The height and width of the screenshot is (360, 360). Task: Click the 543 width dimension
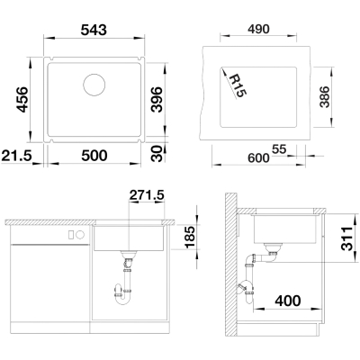click(94, 30)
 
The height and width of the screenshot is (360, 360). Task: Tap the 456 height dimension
click(22, 99)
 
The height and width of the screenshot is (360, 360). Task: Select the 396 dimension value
click(157, 99)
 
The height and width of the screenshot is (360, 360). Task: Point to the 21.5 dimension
click(16, 156)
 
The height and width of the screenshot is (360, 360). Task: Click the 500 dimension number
click(94, 156)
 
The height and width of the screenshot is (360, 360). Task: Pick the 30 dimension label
click(157, 154)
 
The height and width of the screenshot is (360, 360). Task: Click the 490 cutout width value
click(258, 29)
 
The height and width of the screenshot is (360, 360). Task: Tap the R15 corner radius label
click(238, 85)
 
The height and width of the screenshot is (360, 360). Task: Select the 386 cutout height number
click(325, 97)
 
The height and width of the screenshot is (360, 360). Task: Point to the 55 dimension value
click(279, 149)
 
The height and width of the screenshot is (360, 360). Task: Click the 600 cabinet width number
click(258, 157)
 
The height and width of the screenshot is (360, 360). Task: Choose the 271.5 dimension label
click(147, 195)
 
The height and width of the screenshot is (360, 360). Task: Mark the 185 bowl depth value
click(190, 237)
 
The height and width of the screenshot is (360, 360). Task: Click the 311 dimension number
click(347, 238)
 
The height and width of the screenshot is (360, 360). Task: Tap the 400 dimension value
click(288, 301)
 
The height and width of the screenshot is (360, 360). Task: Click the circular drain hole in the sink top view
click(94, 85)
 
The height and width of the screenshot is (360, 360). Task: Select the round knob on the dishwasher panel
click(80, 235)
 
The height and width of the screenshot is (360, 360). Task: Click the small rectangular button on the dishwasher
click(71, 235)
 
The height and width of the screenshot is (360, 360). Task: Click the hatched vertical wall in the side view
click(231, 264)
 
